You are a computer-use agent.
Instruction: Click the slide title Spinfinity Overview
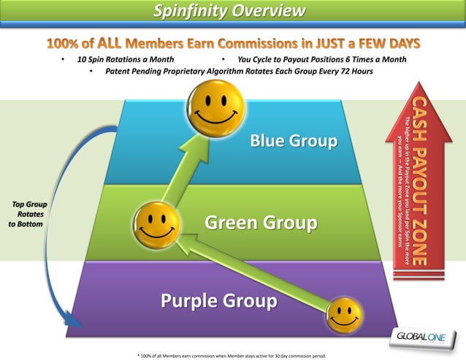pyautogui.click(x=229, y=10)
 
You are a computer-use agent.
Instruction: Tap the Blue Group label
pyautogui.click(x=294, y=140)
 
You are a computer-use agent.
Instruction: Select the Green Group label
pyautogui.click(x=260, y=222)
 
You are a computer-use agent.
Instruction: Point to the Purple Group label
pyautogui.click(x=218, y=301)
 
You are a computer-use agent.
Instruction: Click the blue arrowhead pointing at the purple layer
pyautogui.click(x=73, y=319)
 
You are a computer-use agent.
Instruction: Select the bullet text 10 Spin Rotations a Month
pyautogui.click(x=125, y=59)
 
